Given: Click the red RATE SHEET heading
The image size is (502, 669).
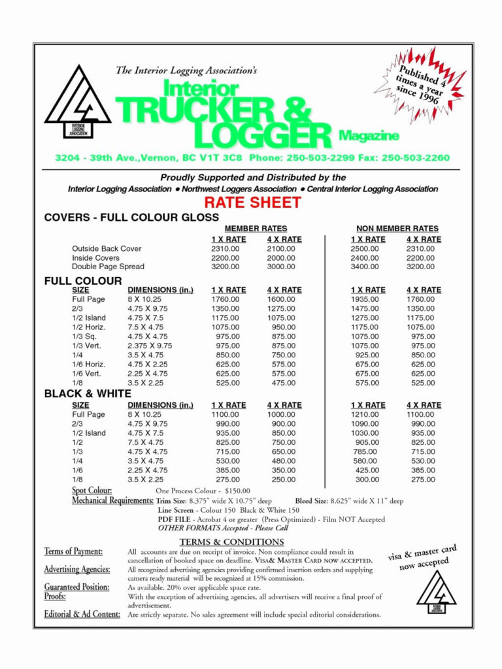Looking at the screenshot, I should (x=252, y=203).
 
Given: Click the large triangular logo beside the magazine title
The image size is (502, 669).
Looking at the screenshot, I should (x=78, y=103).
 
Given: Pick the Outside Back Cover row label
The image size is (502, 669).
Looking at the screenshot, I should (x=107, y=249).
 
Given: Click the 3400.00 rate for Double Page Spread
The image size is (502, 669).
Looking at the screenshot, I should (x=364, y=267).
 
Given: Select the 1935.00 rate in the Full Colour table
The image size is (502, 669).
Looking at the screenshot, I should (x=364, y=299).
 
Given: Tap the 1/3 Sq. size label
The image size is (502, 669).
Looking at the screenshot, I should (x=84, y=336).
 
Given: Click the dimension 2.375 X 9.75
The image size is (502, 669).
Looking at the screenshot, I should (x=150, y=346).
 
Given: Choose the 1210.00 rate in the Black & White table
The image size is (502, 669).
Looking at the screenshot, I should (x=364, y=414).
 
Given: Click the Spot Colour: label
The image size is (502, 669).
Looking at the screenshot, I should (x=92, y=490).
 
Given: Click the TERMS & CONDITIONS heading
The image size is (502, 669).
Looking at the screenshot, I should (x=231, y=542).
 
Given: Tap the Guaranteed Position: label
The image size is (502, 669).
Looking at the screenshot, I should (x=76, y=587).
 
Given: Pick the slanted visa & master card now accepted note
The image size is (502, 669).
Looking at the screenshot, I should (x=422, y=557).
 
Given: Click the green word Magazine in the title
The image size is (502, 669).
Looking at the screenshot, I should (x=369, y=136).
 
